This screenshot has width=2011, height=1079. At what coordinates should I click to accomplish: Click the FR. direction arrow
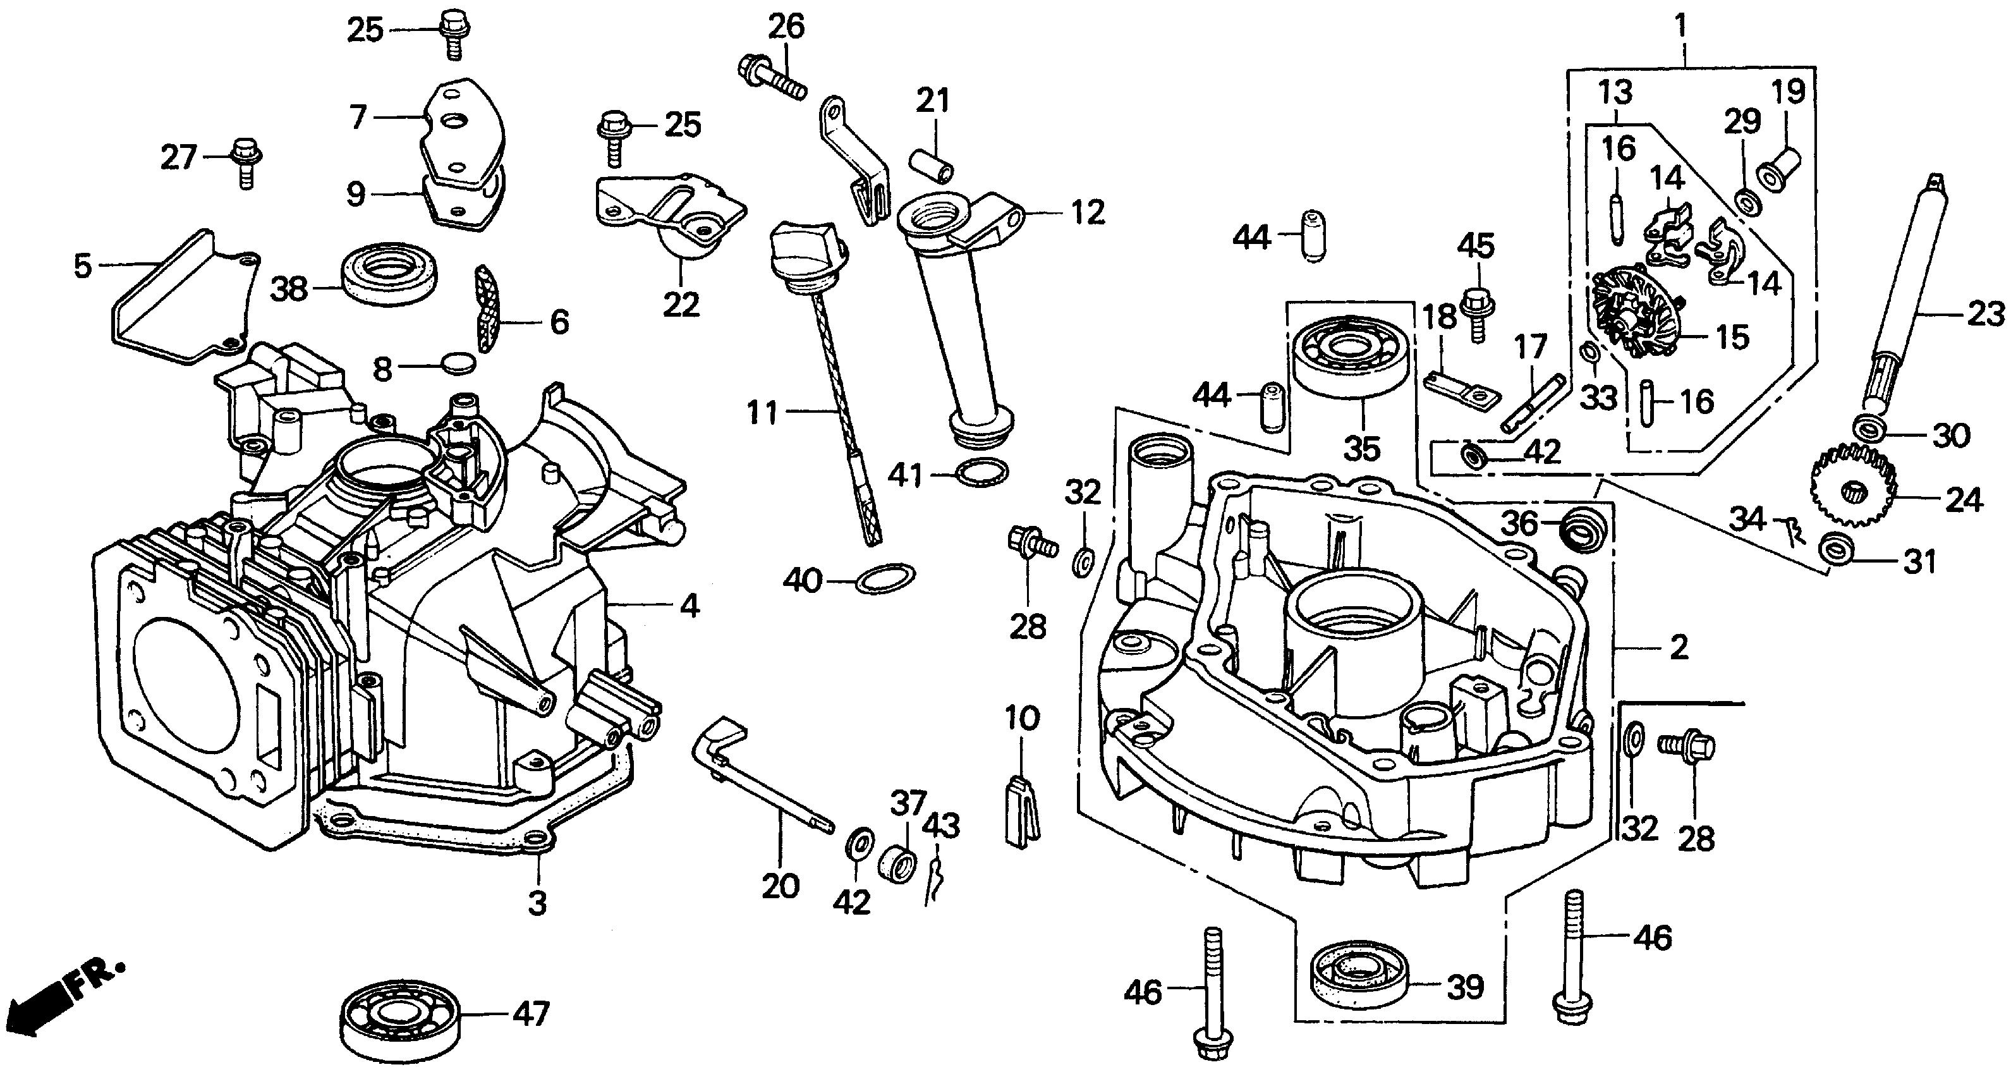point(63,1004)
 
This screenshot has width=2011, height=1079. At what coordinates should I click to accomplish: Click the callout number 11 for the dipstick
point(762,411)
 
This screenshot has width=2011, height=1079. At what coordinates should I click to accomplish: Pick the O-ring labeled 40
point(885,578)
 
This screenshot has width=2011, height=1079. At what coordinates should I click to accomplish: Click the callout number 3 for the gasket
point(537,903)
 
